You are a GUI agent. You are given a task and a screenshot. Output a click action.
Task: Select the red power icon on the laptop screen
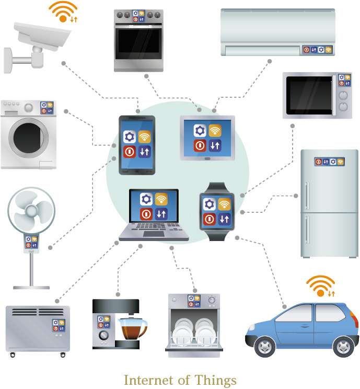pos(146,213)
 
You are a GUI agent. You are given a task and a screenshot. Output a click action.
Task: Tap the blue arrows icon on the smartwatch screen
pos(225,219)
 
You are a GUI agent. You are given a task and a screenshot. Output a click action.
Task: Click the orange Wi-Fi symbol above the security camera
pos(63,13)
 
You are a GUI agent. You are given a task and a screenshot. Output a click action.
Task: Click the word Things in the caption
pos(216,380)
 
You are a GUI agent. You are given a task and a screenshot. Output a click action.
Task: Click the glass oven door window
pos(138,45)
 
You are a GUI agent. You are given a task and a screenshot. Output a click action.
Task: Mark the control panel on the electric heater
pos(58,326)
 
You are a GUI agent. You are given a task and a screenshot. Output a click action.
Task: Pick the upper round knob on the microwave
pos(343,95)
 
